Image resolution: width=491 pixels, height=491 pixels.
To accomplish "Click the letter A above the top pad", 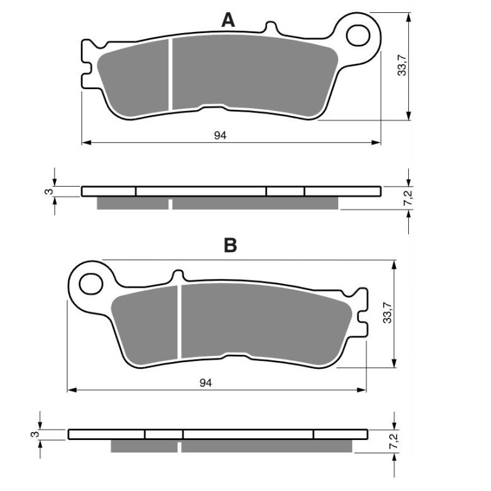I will [228, 20].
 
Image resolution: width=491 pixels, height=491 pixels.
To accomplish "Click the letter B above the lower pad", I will [230, 246].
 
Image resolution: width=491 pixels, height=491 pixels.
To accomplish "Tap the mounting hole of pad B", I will [90, 284].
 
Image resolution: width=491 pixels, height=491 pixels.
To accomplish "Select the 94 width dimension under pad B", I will [206, 383].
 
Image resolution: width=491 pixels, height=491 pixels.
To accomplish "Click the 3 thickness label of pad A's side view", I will [47, 191].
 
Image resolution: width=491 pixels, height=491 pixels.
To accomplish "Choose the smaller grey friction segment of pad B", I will [147, 322].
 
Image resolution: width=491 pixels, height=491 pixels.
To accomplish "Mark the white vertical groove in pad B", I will [180, 322].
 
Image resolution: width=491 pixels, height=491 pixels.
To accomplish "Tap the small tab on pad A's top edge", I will [268, 28].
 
